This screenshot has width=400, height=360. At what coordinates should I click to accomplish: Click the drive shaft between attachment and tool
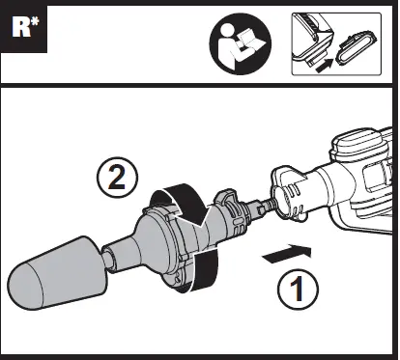coord(259,207)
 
